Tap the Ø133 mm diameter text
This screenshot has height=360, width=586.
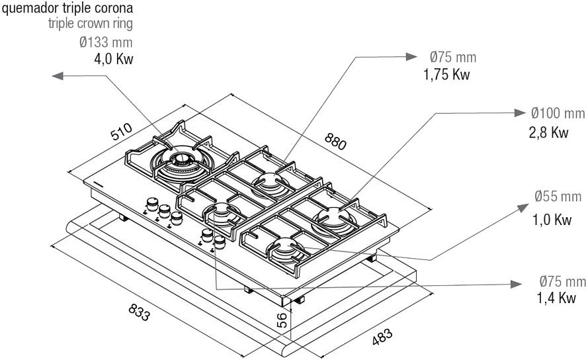coord(105,43)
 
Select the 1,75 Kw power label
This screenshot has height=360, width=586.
coord(446,73)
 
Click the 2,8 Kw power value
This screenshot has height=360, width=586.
coord(548,132)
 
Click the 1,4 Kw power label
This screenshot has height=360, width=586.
coord(556,298)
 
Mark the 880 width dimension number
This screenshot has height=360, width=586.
coord(337,141)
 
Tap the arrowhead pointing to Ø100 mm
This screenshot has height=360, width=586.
coord(519,112)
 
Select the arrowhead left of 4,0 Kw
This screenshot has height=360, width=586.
coord(58,77)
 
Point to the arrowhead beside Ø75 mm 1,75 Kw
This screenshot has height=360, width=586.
coord(411,57)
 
